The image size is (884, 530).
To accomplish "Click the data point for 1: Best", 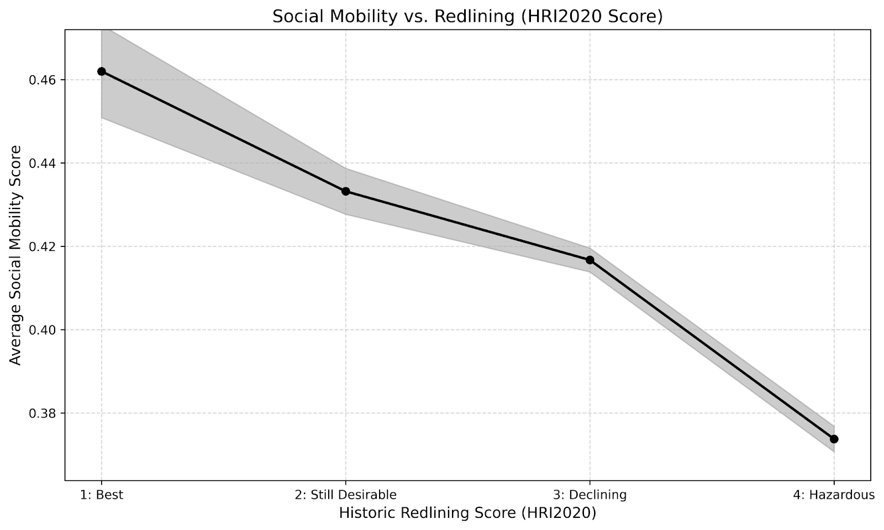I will (x=102, y=71).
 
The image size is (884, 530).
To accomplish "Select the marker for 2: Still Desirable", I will (x=346, y=191).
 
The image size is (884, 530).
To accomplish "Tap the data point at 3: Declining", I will (x=590, y=260).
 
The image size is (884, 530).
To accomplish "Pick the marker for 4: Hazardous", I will (x=834, y=439).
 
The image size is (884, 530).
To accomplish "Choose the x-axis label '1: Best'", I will (x=102, y=495).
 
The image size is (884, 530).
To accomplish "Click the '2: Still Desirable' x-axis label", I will (x=346, y=495).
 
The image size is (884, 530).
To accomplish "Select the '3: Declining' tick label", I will (x=590, y=495).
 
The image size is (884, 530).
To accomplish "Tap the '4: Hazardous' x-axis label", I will (x=834, y=495).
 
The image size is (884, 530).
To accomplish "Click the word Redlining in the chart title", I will (x=475, y=17).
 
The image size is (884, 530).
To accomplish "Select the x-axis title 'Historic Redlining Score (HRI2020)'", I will (x=467, y=513).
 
